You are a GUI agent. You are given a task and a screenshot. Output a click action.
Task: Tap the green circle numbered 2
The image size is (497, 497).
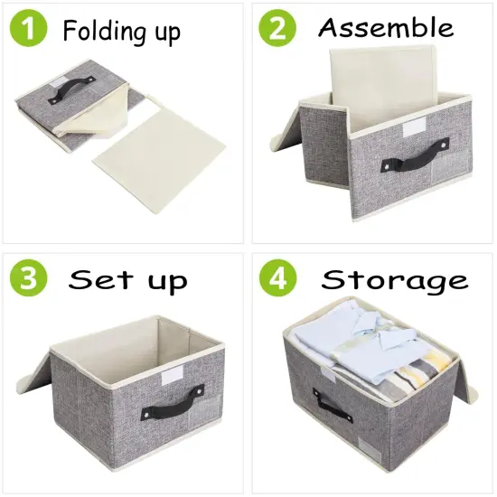pos(277,30)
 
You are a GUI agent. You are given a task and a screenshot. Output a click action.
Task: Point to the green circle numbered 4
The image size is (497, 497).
pos(277,277)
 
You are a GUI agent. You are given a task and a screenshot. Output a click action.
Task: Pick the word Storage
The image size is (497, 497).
pos(395,279)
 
